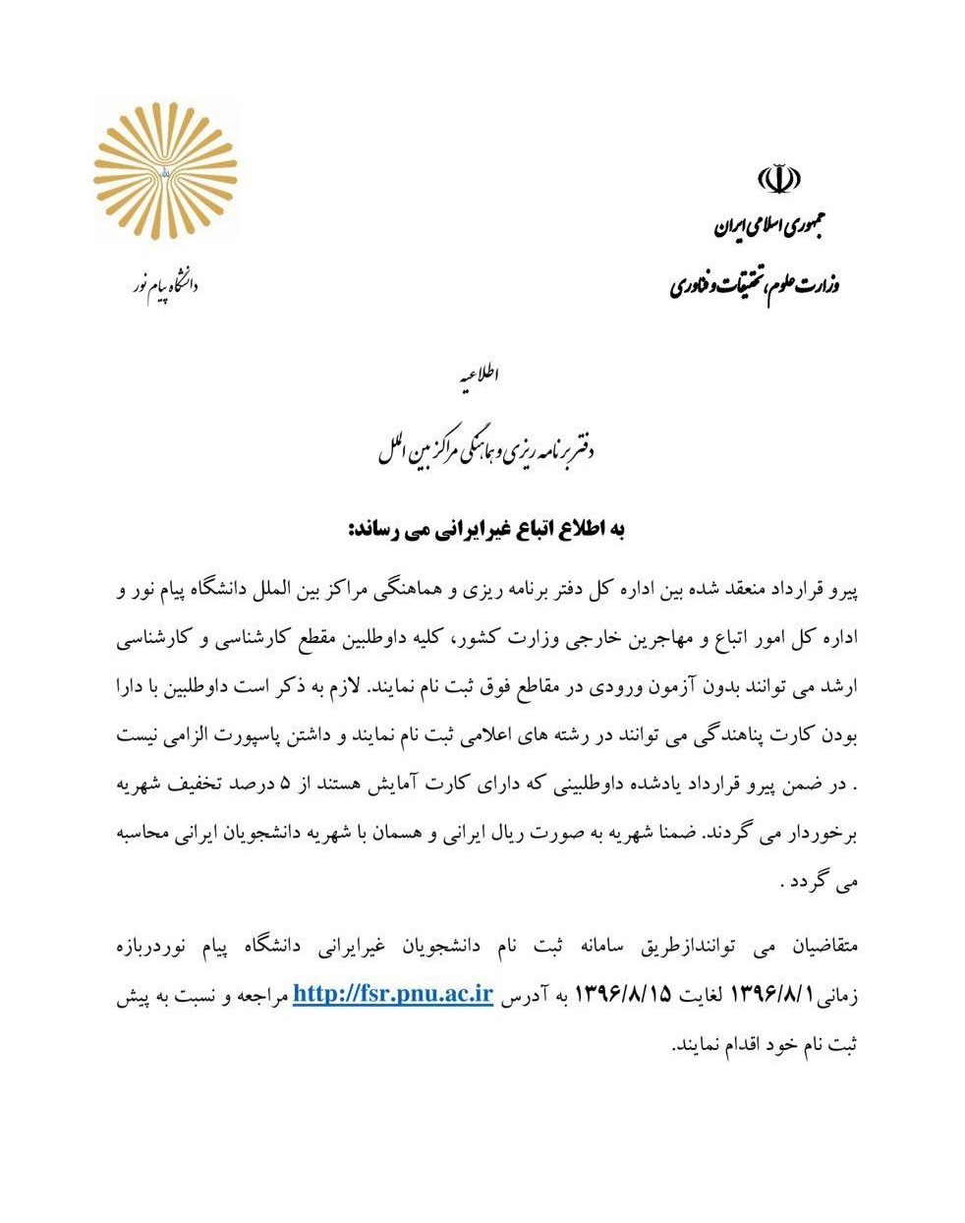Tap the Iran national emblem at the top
click(x=778, y=180)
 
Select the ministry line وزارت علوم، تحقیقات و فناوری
click(x=756, y=286)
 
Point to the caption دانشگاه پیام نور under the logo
click(x=165, y=286)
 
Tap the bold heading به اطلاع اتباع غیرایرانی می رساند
click(x=482, y=531)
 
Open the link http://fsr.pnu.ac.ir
click(x=392, y=994)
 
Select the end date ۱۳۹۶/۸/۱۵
click(x=622, y=995)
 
